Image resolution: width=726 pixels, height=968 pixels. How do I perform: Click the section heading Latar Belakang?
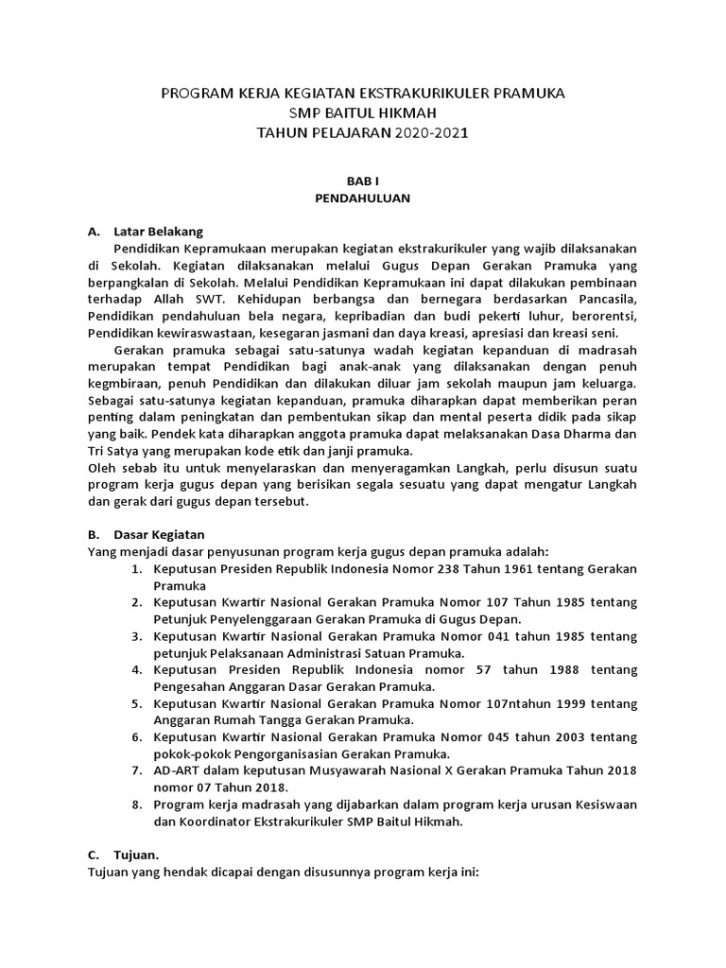[158, 231]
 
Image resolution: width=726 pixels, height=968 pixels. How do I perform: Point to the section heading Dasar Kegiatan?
[160, 534]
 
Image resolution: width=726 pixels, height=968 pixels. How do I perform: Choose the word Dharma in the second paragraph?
[597, 434]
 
